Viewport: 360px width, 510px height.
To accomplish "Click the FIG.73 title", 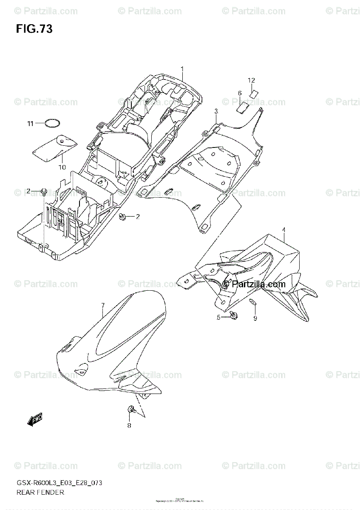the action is (x=34, y=29).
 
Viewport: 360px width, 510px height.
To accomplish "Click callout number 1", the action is (x=182, y=69).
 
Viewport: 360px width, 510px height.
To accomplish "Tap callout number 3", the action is (x=216, y=111).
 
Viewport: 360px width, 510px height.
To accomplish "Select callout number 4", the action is (x=283, y=230).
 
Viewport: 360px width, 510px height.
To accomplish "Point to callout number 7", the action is (x=102, y=305).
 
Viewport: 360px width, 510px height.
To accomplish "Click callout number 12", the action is (x=251, y=80).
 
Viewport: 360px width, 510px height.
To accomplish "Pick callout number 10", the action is (x=62, y=167).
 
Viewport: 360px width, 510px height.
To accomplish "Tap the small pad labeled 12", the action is (x=254, y=93).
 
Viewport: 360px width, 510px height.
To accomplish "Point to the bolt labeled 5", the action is (x=233, y=315).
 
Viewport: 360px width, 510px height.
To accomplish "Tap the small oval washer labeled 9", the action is (x=252, y=303).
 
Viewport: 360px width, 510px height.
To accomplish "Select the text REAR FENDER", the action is (x=40, y=493).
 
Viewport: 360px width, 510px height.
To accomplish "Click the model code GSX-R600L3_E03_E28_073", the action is (x=59, y=483).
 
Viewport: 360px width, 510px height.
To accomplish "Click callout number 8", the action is (x=129, y=425).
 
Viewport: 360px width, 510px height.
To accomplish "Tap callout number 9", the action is (x=255, y=318).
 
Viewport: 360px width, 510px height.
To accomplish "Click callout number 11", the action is (x=30, y=124).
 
